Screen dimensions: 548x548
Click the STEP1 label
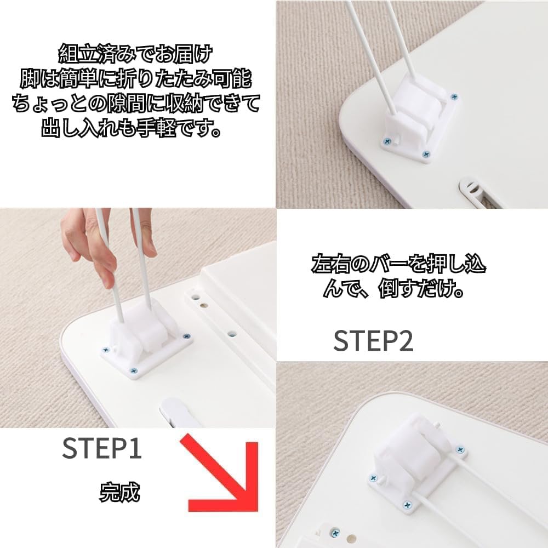tap(102, 449)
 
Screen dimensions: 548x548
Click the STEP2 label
tap(373, 341)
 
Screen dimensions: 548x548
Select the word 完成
tap(119, 492)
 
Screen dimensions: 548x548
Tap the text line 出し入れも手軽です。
tap(135, 129)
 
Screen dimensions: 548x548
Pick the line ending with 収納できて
tap(135, 105)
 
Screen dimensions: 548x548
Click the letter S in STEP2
tap(341, 341)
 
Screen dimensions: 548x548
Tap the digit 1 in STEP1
tap(135, 449)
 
